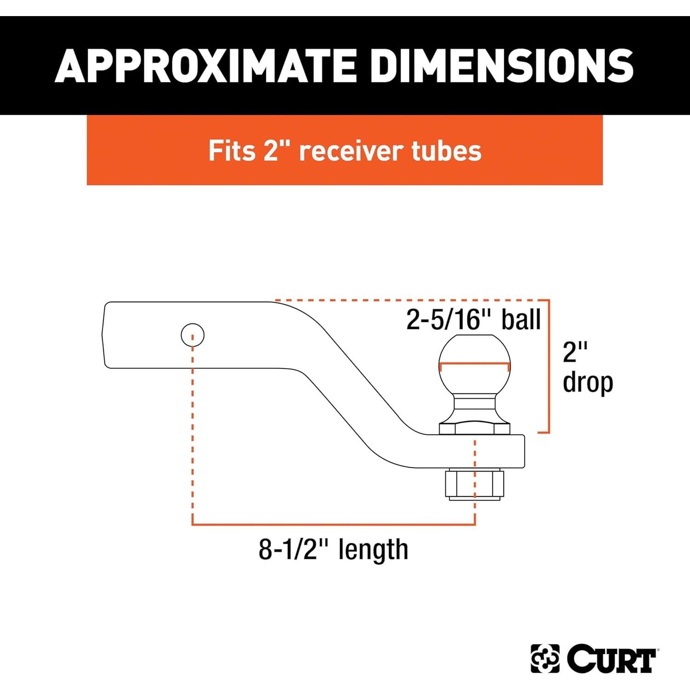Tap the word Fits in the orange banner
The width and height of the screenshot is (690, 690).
point(231,150)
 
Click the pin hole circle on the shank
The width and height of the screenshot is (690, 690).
point(192,334)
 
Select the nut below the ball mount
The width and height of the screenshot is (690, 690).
point(473,485)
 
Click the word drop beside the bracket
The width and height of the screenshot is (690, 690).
point(588,383)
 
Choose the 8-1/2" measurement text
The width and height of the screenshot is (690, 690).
point(294,549)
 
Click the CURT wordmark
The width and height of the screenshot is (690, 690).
point(611,659)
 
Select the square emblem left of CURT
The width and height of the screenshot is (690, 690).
point(545,659)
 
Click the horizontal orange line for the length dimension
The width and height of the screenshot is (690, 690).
point(333,524)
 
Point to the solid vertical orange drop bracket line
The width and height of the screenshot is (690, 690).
point(549,366)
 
